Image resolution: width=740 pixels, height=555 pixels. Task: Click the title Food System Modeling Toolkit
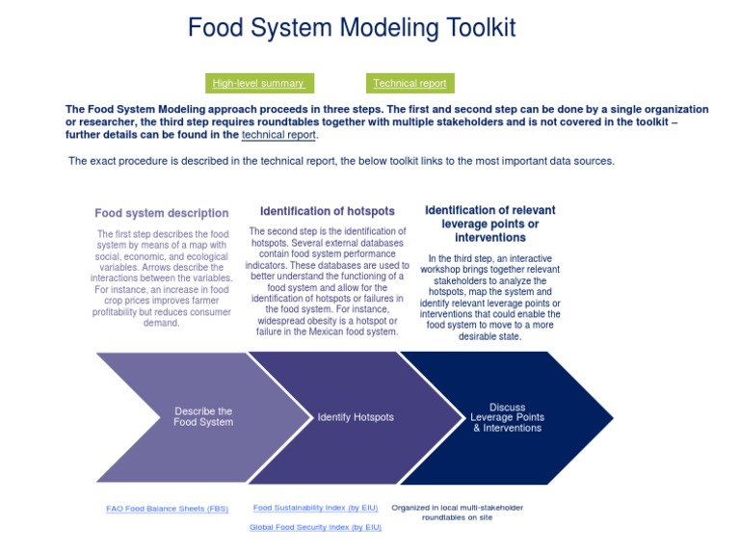coord(352,28)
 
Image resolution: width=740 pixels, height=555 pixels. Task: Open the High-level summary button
coord(258,84)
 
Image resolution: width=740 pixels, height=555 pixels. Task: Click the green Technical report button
coord(410,84)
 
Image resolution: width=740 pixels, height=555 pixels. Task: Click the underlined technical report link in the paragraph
coord(278,136)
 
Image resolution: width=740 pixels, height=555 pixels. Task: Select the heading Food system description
coord(162,214)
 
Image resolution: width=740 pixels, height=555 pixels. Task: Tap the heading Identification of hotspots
coord(328,211)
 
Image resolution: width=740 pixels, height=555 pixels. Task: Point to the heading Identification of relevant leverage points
coord(490,224)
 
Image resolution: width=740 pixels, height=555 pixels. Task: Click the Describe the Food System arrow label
coord(203,417)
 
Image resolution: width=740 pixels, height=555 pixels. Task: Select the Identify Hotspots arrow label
coord(356,417)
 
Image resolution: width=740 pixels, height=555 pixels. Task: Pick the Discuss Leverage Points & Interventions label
coord(507,418)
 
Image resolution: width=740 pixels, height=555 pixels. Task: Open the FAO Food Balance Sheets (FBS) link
coord(168,509)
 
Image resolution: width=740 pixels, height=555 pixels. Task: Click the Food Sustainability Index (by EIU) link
coord(315,508)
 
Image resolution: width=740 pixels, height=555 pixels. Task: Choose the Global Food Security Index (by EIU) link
coord(315,527)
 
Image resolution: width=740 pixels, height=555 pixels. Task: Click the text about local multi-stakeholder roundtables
coord(457,512)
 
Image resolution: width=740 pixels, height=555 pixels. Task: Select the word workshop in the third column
coord(442,270)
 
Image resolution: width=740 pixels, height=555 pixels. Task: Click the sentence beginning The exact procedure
coord(341,161)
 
